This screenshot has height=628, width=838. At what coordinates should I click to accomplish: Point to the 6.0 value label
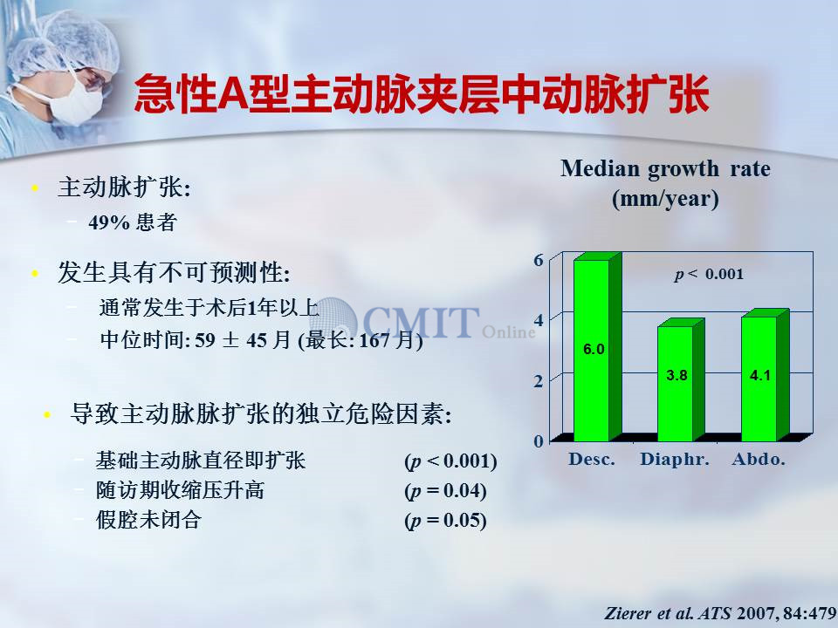click(594, 349)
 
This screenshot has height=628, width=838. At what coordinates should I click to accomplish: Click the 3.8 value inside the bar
click(677, 375)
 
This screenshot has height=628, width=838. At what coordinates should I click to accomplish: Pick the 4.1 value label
click(760, 375)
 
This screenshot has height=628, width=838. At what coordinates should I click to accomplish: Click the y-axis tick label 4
click(539, 320)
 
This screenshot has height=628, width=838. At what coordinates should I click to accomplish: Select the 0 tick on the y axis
click(539, 441)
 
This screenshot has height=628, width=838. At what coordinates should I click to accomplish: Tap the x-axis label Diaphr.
click(675, 460)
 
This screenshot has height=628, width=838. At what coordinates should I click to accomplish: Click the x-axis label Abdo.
click(759, 460)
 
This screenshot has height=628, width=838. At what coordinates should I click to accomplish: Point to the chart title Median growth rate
click(665, 168)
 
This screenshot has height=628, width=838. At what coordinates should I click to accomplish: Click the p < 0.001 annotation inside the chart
click(709, 275)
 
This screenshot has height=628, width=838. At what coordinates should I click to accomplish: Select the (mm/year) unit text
click(665, 199)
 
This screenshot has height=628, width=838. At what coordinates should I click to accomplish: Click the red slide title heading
click(421, 94)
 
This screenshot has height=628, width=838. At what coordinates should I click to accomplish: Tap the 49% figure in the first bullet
click(109, 222)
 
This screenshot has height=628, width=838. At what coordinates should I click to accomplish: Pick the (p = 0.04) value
click(446, 491)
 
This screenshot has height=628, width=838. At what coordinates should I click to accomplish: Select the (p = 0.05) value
click(446, 521)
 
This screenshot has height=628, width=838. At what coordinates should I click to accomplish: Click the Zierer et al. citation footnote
click(720, 613)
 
